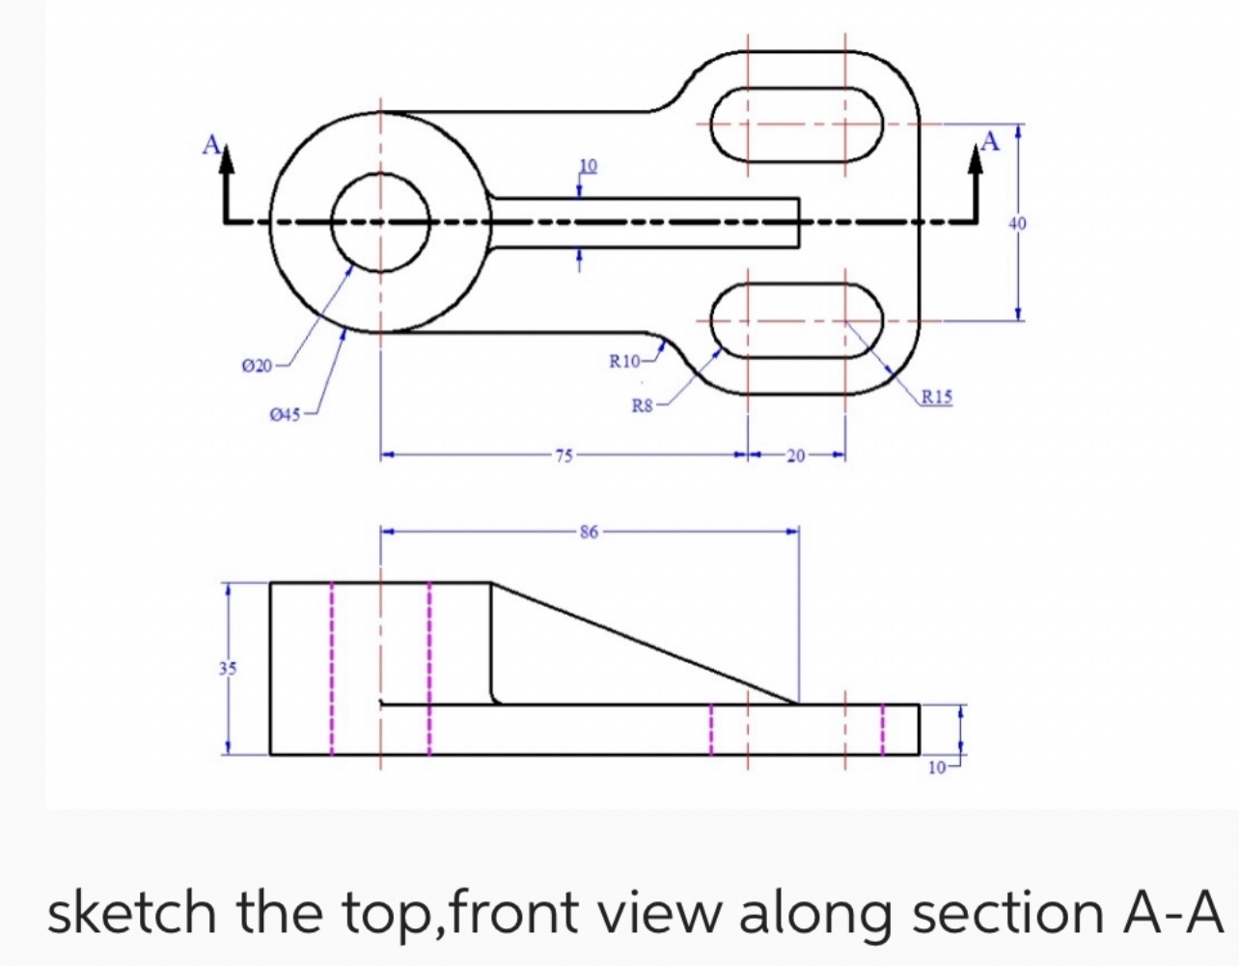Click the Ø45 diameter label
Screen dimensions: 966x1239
[285, 415]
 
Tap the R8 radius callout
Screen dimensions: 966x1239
[643, 406]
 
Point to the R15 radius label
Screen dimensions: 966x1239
[936, 395]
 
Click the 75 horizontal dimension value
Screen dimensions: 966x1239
[564, 455]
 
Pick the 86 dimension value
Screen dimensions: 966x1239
[589, 531]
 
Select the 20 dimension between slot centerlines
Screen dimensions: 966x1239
[795, 455]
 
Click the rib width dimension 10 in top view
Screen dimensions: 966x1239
[587, 165]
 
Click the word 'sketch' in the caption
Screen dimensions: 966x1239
[132, 912]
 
